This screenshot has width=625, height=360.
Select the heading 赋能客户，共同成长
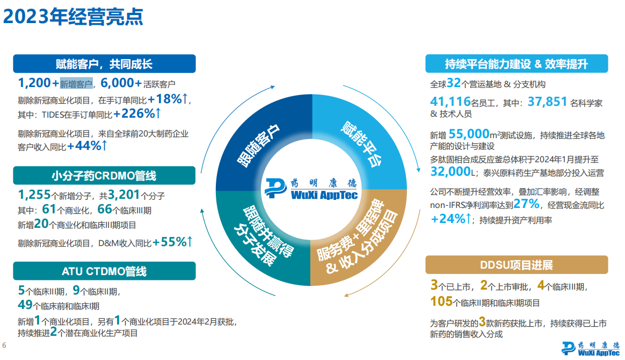(104, 64)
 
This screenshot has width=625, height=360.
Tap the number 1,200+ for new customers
(38, 83)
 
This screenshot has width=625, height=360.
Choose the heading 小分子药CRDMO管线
(104, 176)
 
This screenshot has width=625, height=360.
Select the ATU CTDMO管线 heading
(104, 271)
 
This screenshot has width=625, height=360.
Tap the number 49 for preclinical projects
(25, 305)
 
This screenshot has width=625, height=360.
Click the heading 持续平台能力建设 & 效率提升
(516, 64)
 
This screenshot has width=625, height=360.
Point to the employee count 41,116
(450, 102)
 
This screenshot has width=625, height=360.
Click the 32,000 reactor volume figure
(450, 171)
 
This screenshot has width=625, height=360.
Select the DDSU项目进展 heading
(516, 265)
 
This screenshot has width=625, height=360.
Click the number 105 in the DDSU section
(441, 301)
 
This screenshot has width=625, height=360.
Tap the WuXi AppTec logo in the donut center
(311, 189)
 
